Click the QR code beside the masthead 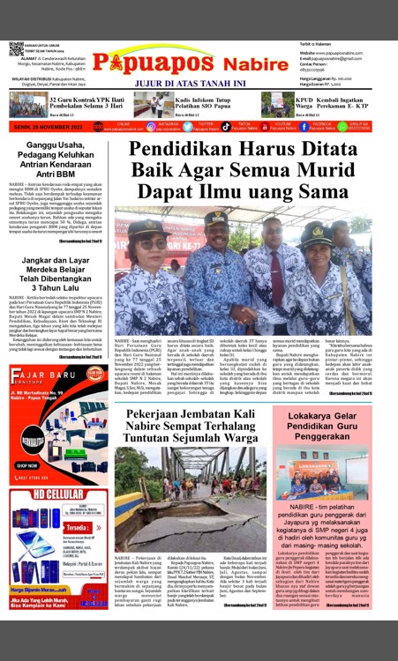(17, 48)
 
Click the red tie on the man (218, 264)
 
